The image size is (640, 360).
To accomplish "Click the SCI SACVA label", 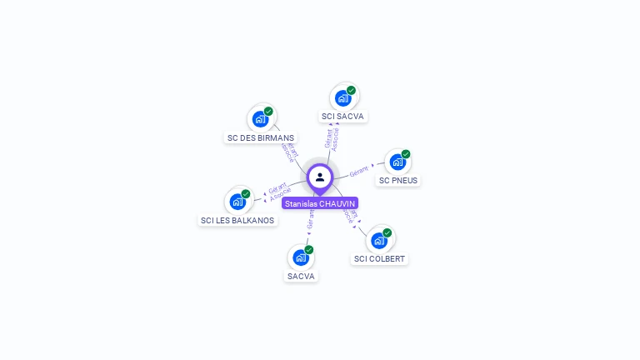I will [343, 117].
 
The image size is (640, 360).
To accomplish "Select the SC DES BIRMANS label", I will [261, 137].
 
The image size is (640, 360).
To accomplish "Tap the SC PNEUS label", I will [398, 180].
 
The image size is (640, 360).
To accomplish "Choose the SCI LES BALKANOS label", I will [237, 220].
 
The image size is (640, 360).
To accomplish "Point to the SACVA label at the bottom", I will [302, 276].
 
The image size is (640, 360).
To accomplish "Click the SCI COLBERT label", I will [379, 259].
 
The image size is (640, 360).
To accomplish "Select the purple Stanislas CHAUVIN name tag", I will [320, 203].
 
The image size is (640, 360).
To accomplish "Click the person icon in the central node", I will [320, 177].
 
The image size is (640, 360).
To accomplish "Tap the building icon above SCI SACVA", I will [342, 97].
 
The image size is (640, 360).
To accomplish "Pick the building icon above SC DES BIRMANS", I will [260, 118].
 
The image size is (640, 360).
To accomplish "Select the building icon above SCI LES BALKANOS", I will [237, 201].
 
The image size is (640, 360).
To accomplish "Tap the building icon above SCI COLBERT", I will [379, 240].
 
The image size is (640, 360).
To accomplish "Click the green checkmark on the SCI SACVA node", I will [352, 90].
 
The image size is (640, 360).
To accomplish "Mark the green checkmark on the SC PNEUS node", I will [406, 153].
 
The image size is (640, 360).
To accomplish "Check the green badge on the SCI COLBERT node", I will [387, 232].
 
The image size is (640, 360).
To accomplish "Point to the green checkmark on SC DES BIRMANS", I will [268, 111].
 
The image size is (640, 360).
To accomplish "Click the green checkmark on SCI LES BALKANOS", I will [246, 193].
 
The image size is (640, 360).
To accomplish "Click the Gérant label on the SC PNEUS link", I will [359, 171].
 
